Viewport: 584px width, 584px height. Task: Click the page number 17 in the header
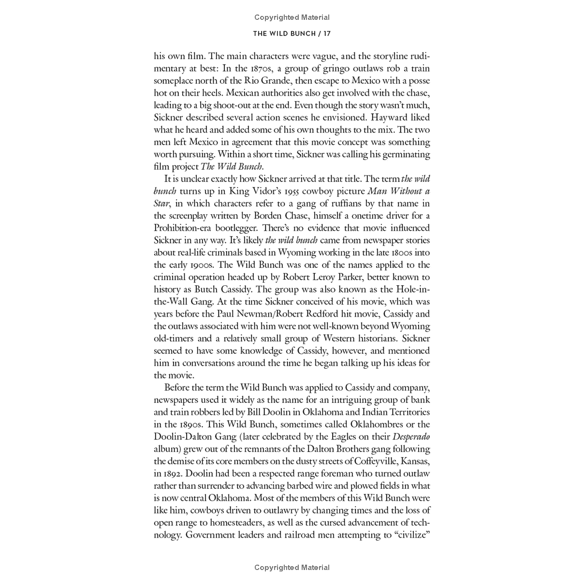click(327, 33)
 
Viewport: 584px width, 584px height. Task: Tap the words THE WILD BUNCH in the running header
click(284, 33)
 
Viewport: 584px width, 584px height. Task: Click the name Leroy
click(326, 277)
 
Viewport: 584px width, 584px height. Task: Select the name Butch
click(205, 290)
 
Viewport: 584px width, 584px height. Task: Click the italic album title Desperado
click(411, 437)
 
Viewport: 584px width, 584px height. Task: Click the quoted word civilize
click(412, 535)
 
